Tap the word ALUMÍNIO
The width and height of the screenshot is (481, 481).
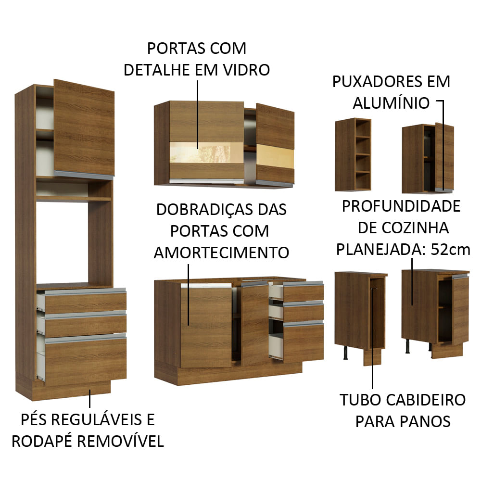point(391,102)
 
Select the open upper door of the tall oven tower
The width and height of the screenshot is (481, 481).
point(85,127)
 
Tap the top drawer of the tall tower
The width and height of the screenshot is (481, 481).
point(82,302)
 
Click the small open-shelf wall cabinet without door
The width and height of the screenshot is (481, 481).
point(353,154)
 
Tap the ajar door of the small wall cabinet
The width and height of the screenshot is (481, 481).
point(444,156)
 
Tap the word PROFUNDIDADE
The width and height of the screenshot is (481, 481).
point(401,206)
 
